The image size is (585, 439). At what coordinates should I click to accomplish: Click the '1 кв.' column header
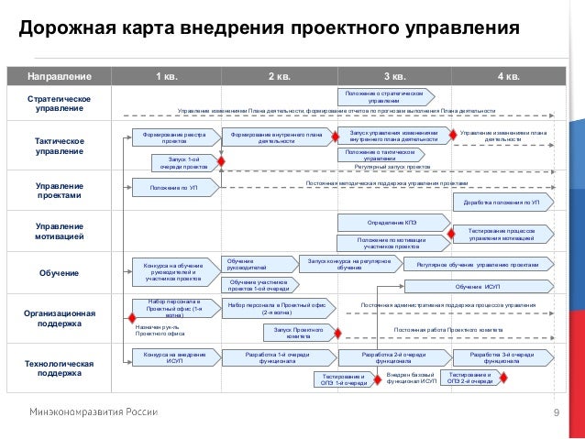[167, 75]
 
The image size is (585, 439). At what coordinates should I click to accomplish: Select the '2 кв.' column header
[280, 75]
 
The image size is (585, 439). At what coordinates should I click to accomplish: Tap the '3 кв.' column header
[393, 75]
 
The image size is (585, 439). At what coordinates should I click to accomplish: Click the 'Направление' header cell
[58, 75]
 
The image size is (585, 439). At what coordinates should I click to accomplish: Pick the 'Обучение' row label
[58, 273]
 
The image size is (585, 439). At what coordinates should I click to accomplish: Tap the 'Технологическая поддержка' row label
[58, 368]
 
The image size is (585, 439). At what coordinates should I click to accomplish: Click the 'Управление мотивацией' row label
[58, 231]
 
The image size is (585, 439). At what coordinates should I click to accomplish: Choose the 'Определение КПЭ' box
[392, 222]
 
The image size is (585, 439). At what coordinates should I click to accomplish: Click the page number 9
[557, 412]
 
